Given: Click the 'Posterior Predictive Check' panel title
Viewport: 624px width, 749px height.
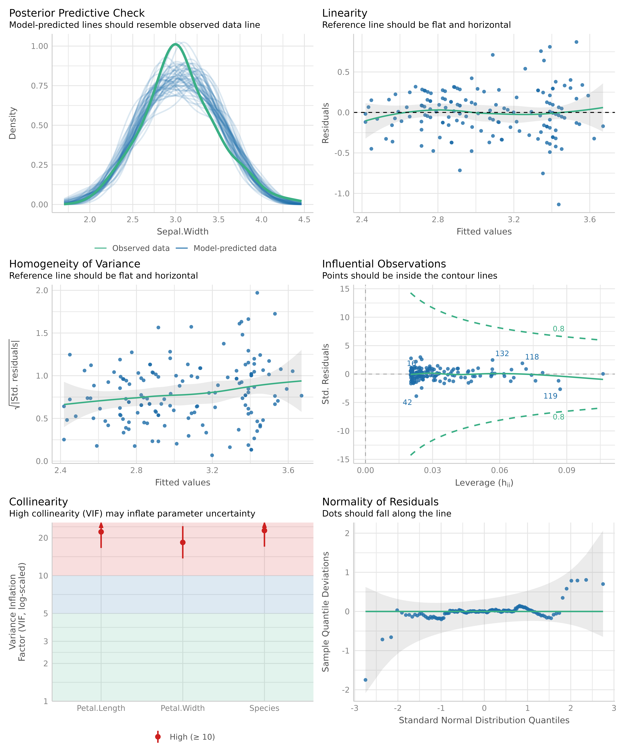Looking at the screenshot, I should pos(77,13).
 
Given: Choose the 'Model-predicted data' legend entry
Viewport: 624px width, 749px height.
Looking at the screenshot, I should pos(235,248).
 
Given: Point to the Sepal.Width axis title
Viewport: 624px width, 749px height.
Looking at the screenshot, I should pos(183,231).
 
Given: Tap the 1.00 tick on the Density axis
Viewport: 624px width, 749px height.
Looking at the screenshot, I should pos(39,46).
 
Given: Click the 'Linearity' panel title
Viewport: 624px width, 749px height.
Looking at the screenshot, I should pos(344,13).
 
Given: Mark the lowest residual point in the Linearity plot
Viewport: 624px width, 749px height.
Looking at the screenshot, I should pos(558,204).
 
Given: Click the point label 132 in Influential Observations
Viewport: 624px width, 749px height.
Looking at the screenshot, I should pos(502,353).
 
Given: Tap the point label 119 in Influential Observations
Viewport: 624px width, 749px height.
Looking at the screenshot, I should pos(550,396).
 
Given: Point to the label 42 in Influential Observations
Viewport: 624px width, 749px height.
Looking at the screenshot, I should pos(407,402).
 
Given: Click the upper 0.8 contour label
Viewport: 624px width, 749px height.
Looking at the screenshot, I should pos(558,329).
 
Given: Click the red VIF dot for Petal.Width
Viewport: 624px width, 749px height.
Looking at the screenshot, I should pos(183,543).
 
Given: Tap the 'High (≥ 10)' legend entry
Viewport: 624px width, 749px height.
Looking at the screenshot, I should pos(192,737).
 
